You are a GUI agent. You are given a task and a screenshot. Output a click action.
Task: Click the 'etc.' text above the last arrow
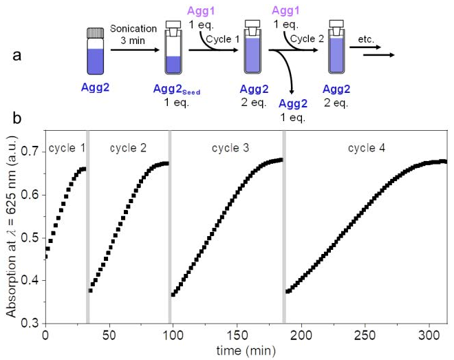369,43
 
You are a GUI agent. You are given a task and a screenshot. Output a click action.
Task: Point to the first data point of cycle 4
288,291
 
